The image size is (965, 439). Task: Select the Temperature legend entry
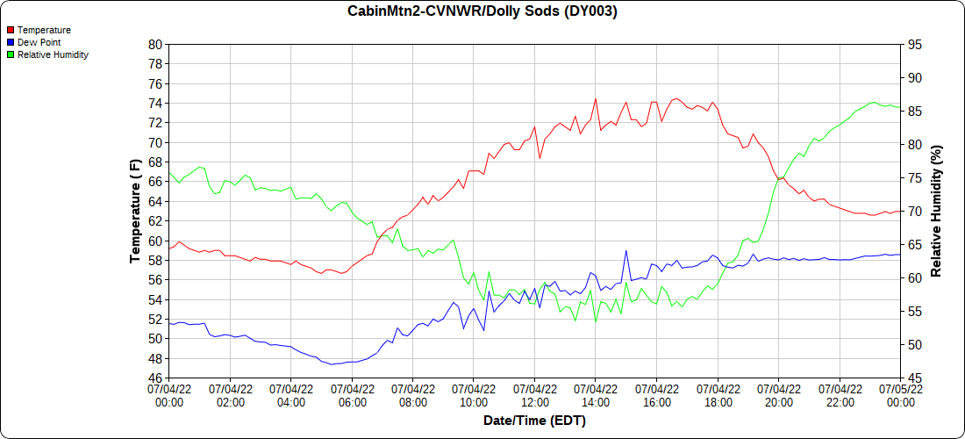(44, 30)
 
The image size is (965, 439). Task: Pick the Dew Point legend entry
(39, 42)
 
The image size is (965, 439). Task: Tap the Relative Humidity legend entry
(53, 54)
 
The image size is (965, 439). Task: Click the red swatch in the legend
(10, 30)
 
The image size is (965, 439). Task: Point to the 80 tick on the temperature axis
(155, 45)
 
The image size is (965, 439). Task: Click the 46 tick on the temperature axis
(155, 378)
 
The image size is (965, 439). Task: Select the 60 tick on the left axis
(155, 241)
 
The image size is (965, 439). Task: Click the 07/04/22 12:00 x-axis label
(535, 395)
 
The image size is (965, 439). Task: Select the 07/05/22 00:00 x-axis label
(901, 395)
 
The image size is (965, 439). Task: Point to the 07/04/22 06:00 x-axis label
(352, 395)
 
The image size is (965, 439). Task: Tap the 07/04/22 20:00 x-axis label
(779, 395)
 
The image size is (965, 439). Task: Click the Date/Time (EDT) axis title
(534, 421)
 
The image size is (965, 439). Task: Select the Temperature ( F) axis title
(135, 211)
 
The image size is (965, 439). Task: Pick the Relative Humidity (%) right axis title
(936, 211)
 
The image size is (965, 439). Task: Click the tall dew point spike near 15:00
(626, 251)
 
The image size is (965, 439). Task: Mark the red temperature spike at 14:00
(596, 99)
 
